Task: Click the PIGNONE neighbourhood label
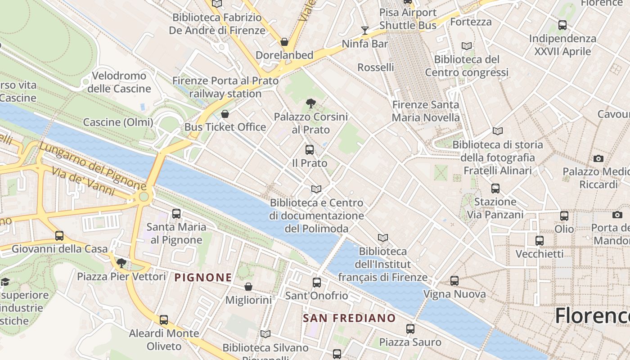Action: tap(203, 278)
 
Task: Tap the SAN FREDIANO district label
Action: tap(349, 318)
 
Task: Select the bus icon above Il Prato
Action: tap(310, 150)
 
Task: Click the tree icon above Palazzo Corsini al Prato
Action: tap(310, 103)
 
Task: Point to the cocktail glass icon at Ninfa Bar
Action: tap(364, 31)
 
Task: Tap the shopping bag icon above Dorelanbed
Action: tap(284, 42)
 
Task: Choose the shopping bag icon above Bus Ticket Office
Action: tap(225, 114)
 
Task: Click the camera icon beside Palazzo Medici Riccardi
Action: tap(598, 158)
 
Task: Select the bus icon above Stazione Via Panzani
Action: tap(495, 189)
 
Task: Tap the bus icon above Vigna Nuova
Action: tap(454, 281)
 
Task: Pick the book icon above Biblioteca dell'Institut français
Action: tap(383, 238)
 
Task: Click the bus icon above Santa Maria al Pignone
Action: tap(176, 214)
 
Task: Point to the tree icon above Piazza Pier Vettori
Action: tap(121, 263)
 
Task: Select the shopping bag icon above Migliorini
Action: tap(248, 287)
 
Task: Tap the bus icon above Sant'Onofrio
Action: tap(317, 283)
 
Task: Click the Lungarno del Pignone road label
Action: tap(92, 165)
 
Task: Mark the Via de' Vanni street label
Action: tap(83, 181)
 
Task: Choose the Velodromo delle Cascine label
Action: tap(119, 82)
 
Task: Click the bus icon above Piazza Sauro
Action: tap(410, 329)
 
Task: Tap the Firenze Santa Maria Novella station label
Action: tap(426, 111)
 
